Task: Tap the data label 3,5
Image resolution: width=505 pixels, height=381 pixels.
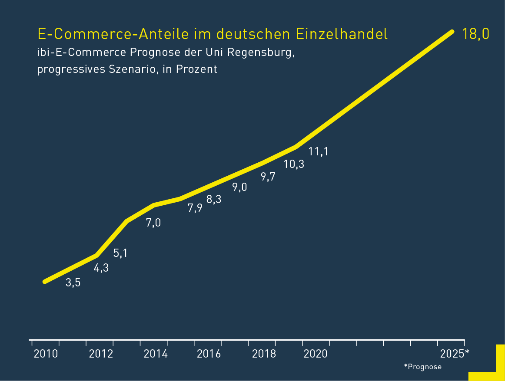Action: pyautogui.click(x=73, y=283)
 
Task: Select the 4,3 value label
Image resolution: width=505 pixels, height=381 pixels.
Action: pyautogui.click(x=101, y=268)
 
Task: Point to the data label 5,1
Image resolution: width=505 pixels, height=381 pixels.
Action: pyautogui.click(x=120, y=253)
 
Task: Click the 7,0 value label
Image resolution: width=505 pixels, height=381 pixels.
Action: pyautogui.click(x=153, y=223)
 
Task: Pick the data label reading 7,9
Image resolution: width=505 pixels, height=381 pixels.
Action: pyautogui.click(x=195, y=208)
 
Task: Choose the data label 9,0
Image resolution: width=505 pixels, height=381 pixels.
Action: pyautogui.click(x=239, y=187)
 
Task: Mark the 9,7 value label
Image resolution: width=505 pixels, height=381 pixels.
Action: pyautogui.click(x=268, y=177)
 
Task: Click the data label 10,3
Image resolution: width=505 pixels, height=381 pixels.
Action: pyautogui.click(x=294, y=164)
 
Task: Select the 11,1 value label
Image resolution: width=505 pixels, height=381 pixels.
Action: pyautogui.click(x=318, y=151)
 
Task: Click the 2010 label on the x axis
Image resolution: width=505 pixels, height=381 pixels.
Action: pyautogui.click(x=46, y=354)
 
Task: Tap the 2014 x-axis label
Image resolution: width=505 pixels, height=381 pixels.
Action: pyautogui.click(x=156, y=354)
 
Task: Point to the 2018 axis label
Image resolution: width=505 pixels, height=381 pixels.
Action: pyautogui.click(x=264, y=354)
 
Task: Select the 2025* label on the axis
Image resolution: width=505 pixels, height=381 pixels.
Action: pyautogui.click(x=455, y=354)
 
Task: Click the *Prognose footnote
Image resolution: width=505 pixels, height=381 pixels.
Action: pyautogui.click(x=422, y=367)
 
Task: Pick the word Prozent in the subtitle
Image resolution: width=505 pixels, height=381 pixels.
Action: pyautogui.click(x=196, y=69)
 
